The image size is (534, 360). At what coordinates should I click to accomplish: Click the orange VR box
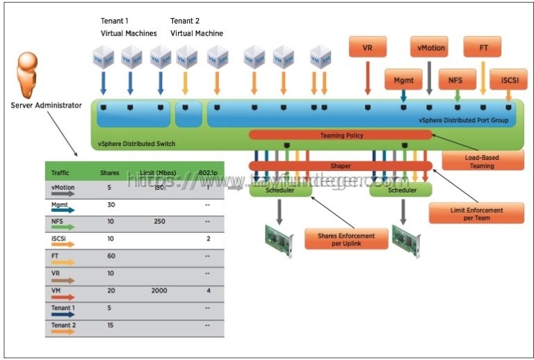point(367,49)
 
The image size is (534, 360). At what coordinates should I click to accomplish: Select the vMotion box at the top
point(428,49)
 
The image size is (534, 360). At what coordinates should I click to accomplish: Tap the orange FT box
point(484,49)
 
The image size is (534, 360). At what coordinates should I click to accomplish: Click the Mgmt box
point(403,80)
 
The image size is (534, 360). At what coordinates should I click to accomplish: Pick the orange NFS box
point(455,80)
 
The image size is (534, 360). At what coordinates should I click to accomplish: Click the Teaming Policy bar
point(341,135)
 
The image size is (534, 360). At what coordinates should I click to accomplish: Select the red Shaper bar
point(341,166)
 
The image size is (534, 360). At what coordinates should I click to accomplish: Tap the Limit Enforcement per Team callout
point(476,213)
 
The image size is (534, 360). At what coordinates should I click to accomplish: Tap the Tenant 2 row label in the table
point(63,325)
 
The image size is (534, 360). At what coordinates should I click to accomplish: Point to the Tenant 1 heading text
point(115,20)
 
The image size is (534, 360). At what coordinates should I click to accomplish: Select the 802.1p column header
point(209,172)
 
